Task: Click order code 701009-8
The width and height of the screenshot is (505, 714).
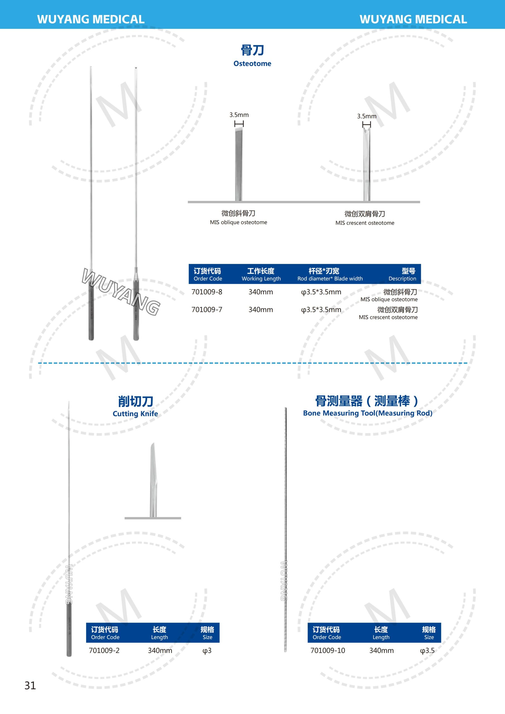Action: (x=207, y=292)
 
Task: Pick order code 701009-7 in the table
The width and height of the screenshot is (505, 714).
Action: (x=207, y=310)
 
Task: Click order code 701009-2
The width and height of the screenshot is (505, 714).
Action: (x=104, y=651)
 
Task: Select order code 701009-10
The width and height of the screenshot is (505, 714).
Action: (x=328, y=651)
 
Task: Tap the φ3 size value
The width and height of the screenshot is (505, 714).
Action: (x=207, y=651)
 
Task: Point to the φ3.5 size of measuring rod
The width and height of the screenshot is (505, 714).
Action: (x=427, y=651)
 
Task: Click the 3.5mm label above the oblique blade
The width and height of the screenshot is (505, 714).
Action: (x=239, y=115)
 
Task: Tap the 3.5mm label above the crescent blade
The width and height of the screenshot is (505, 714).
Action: (x=367, y=116)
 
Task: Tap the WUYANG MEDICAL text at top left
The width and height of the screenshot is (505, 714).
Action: (x=91, y=19)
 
